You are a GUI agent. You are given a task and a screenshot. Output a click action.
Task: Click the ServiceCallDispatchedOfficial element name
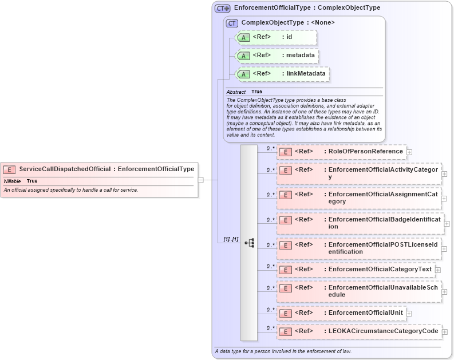coord(65,169)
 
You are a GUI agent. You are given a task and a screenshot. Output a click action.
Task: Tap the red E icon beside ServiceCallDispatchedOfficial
coord(9,169)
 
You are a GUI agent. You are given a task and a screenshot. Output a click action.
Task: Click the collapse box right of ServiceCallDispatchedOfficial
coord(200,180)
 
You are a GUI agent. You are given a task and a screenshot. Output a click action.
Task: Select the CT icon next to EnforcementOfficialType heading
coord(223,9)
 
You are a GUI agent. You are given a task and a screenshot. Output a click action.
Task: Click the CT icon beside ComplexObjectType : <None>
coord(232,23)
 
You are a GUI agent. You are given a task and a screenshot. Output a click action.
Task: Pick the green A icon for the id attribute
coord(243,38)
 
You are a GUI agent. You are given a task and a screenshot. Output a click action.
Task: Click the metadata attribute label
coord(300,56)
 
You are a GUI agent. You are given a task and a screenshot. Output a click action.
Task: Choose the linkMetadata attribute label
coord(305,73)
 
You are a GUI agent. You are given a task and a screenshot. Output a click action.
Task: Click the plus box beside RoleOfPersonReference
coord(410,152)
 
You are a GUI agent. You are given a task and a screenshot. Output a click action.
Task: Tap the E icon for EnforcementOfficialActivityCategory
coord(286,171)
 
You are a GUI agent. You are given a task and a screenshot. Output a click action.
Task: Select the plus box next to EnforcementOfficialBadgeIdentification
coord(447,224)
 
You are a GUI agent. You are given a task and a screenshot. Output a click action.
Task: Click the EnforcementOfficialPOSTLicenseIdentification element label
coord(382,248)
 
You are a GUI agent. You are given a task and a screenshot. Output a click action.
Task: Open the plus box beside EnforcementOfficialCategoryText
coord(438,270)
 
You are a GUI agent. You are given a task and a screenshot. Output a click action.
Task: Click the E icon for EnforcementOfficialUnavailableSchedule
coord(286,288)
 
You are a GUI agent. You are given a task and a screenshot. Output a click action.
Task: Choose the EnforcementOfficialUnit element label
coord(364,312)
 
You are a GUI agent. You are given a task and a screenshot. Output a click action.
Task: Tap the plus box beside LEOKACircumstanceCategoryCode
coord(445,331)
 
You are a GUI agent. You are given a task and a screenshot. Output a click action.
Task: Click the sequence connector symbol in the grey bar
coord(249,243)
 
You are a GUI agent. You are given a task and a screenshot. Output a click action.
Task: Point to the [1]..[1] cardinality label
coord(231,239)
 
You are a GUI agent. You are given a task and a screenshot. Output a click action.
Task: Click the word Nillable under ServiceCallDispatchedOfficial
coord(12,181)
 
